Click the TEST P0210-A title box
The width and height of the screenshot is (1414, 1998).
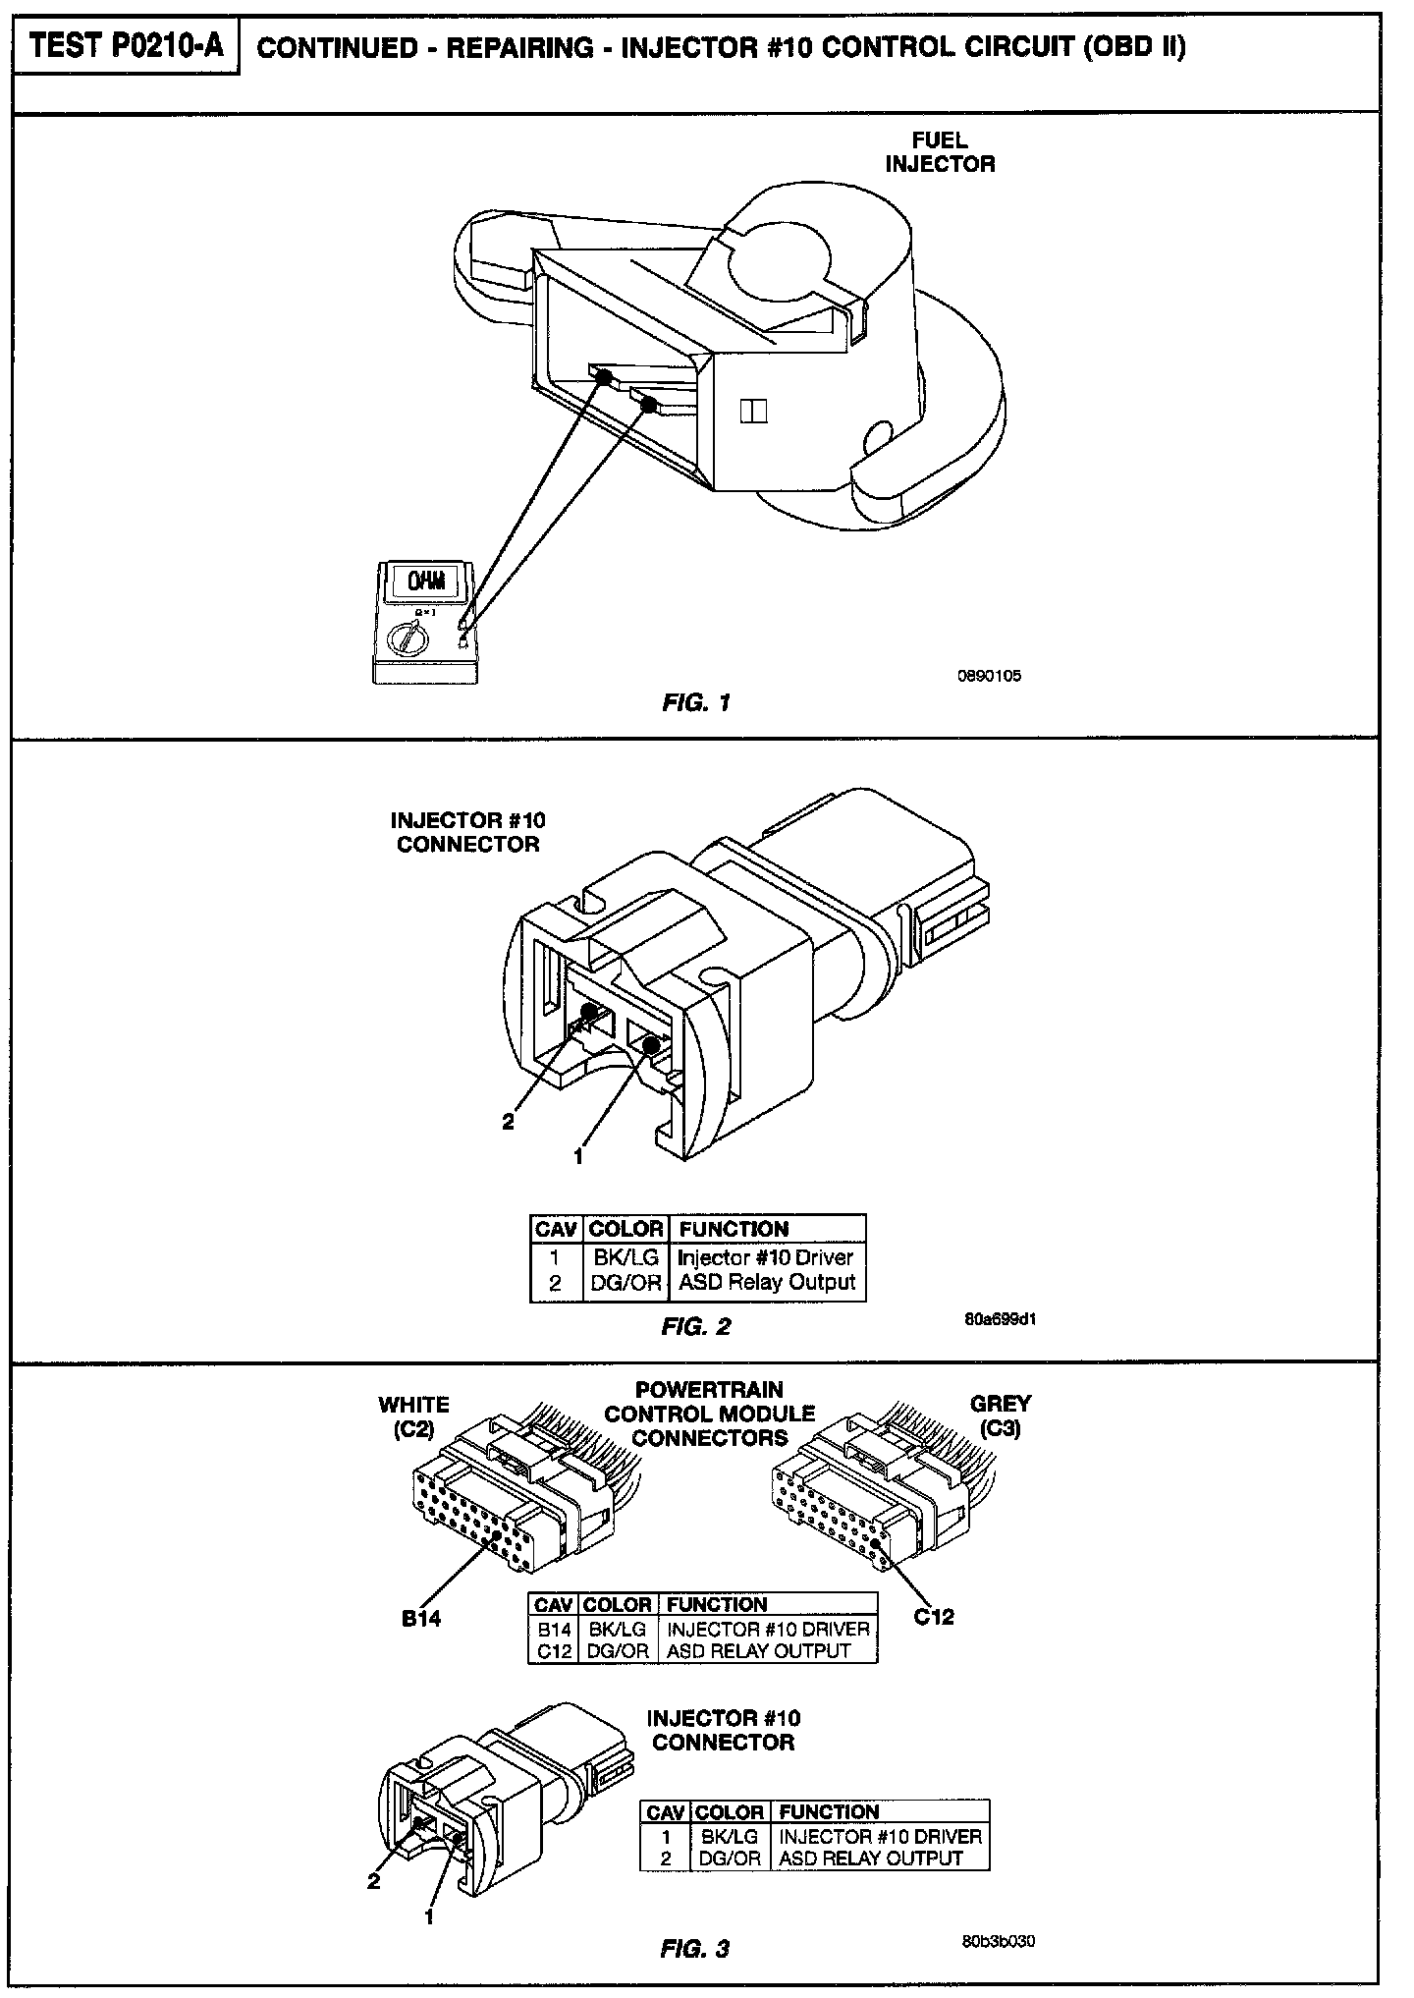126,46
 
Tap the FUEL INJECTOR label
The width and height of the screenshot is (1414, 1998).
940,153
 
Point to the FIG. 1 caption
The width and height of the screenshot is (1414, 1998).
696,702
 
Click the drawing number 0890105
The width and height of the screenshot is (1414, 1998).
989,676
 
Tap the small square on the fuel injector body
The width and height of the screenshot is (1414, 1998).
753,411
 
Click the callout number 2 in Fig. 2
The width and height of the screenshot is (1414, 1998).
508,1122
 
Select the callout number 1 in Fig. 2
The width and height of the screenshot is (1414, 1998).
578,1157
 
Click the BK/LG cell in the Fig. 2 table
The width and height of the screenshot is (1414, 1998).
626,1257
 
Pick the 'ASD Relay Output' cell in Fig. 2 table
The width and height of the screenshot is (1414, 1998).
766,1283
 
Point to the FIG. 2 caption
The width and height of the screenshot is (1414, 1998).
696,1326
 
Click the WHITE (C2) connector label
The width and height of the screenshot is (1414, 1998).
413,1416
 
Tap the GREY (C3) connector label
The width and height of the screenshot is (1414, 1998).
1001,1416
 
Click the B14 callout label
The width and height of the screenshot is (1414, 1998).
421,1619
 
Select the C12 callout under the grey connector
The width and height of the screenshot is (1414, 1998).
934,1616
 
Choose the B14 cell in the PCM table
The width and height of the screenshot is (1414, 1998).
554,1629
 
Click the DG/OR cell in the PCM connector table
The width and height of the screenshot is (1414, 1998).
618,1651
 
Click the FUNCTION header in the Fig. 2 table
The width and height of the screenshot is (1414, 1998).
734,1229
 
